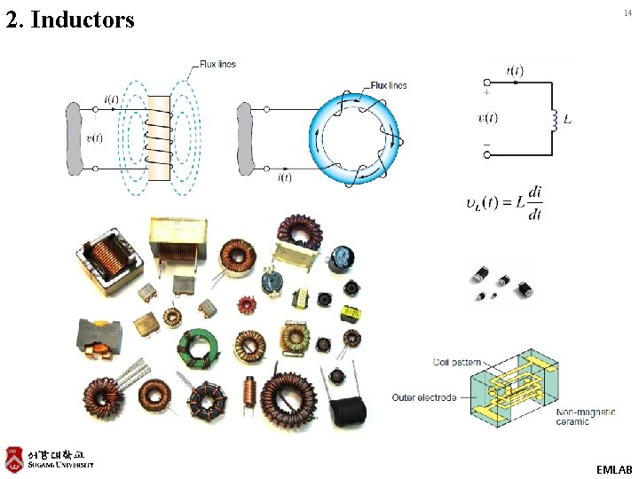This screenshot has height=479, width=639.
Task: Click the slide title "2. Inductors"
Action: coord(70,19)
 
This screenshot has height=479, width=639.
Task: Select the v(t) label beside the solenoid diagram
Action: coord(93,137)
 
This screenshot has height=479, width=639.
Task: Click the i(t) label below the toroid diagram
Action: coord(286,178)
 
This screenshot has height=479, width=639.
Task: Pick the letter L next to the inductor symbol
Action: coord(567,118)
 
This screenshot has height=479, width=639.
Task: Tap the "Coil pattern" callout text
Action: coord(457,362)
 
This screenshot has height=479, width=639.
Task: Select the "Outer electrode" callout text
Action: coord(424,397)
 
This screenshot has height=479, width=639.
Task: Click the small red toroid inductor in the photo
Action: coord(244,305)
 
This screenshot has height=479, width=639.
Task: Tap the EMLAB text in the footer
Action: coord(615,467)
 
